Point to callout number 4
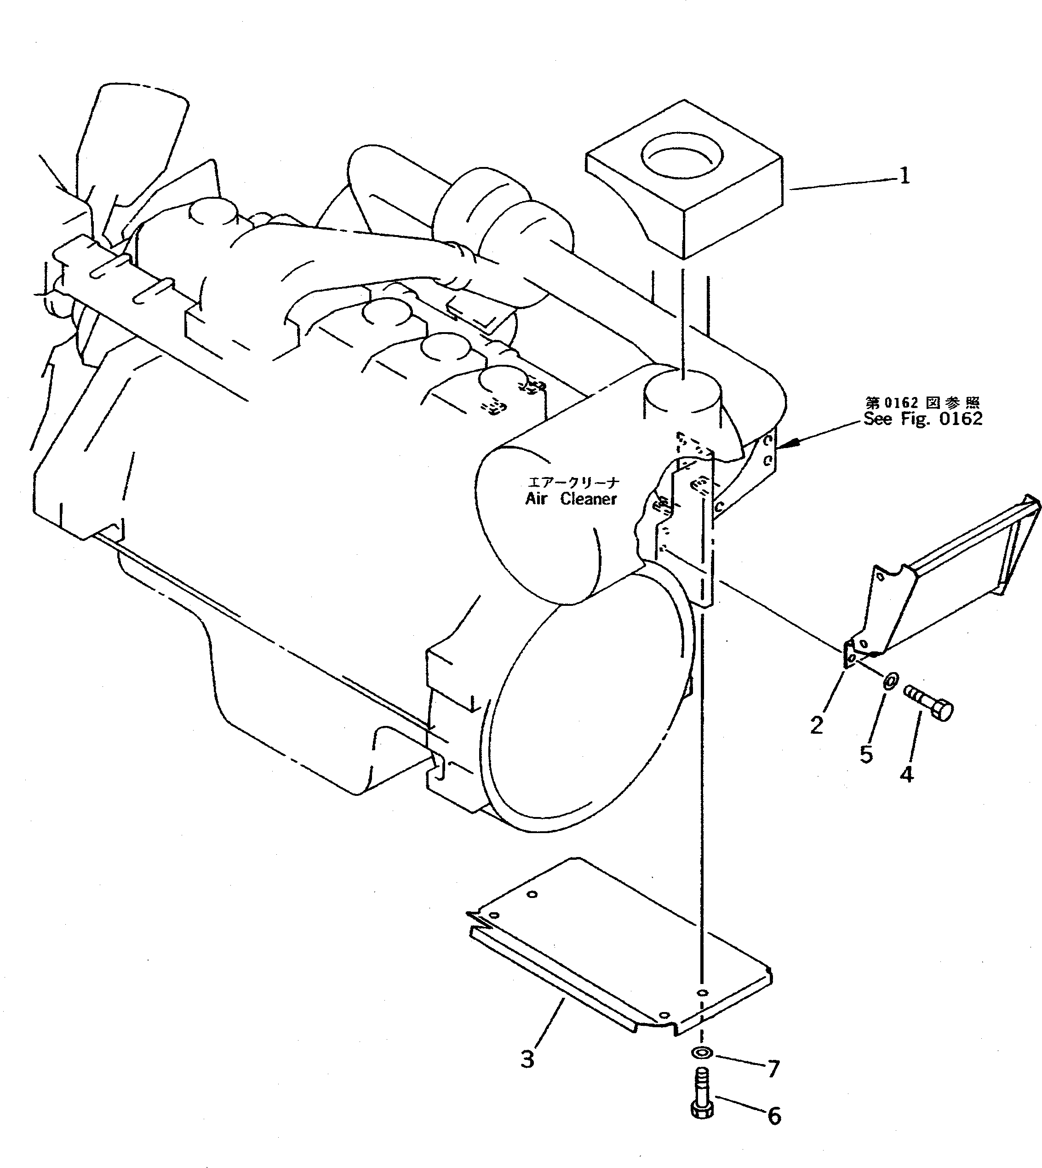click(906, 775)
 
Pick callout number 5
click(866, 754)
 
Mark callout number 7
click(773, 1068)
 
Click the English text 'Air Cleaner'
click(571, 499)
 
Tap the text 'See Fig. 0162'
click(923, 419)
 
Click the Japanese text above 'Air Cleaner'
click(572, 483)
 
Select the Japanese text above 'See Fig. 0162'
click(923, 403)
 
